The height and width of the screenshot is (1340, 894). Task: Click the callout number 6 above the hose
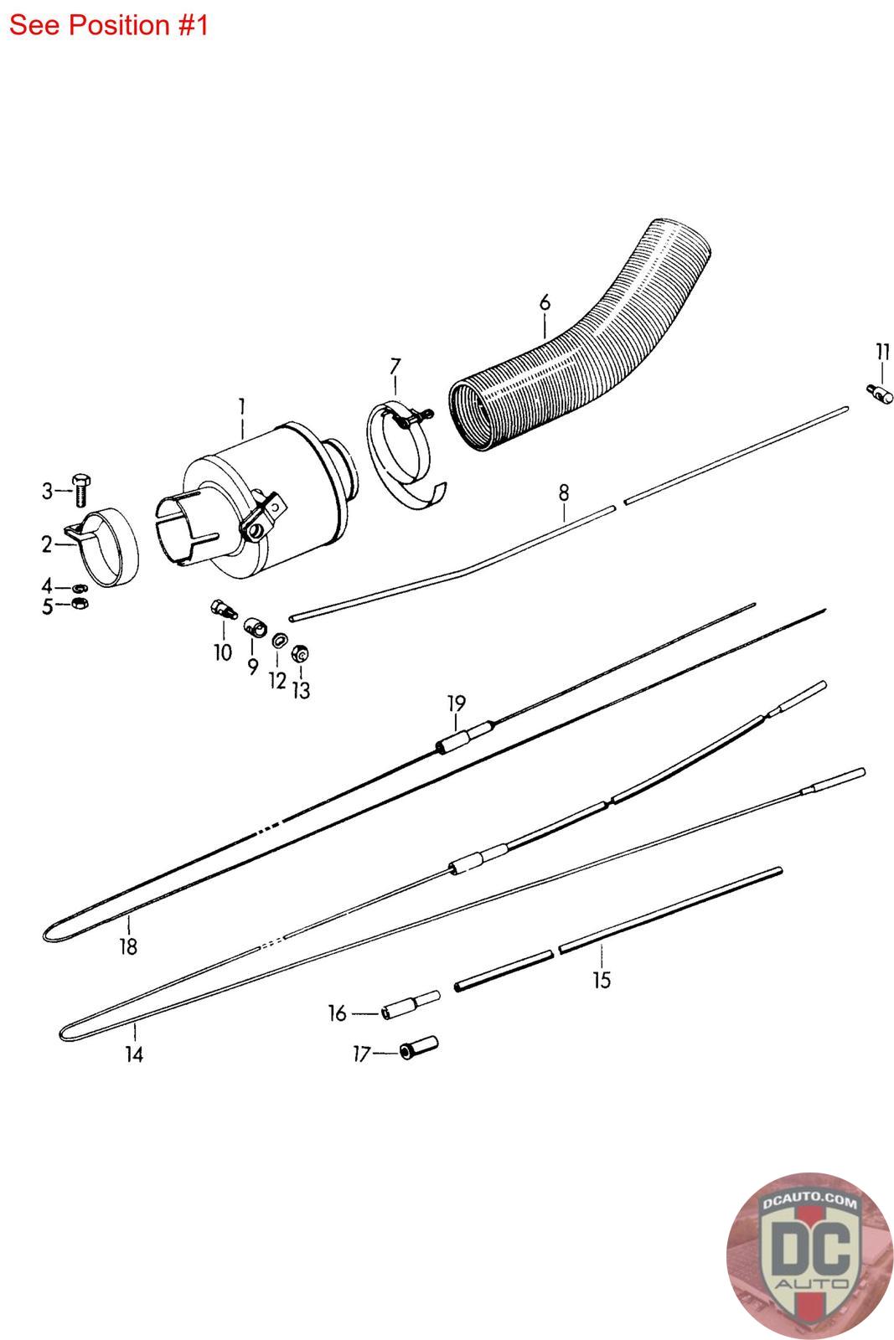click(x=545, y=302)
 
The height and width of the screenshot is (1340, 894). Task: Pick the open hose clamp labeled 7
click(x=400, y=452)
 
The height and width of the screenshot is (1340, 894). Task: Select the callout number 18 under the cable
click(x=128, y=946)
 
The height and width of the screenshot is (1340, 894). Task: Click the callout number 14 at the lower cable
click(x=134, y=1054)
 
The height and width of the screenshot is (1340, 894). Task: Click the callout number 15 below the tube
click(x=602, y=979)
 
